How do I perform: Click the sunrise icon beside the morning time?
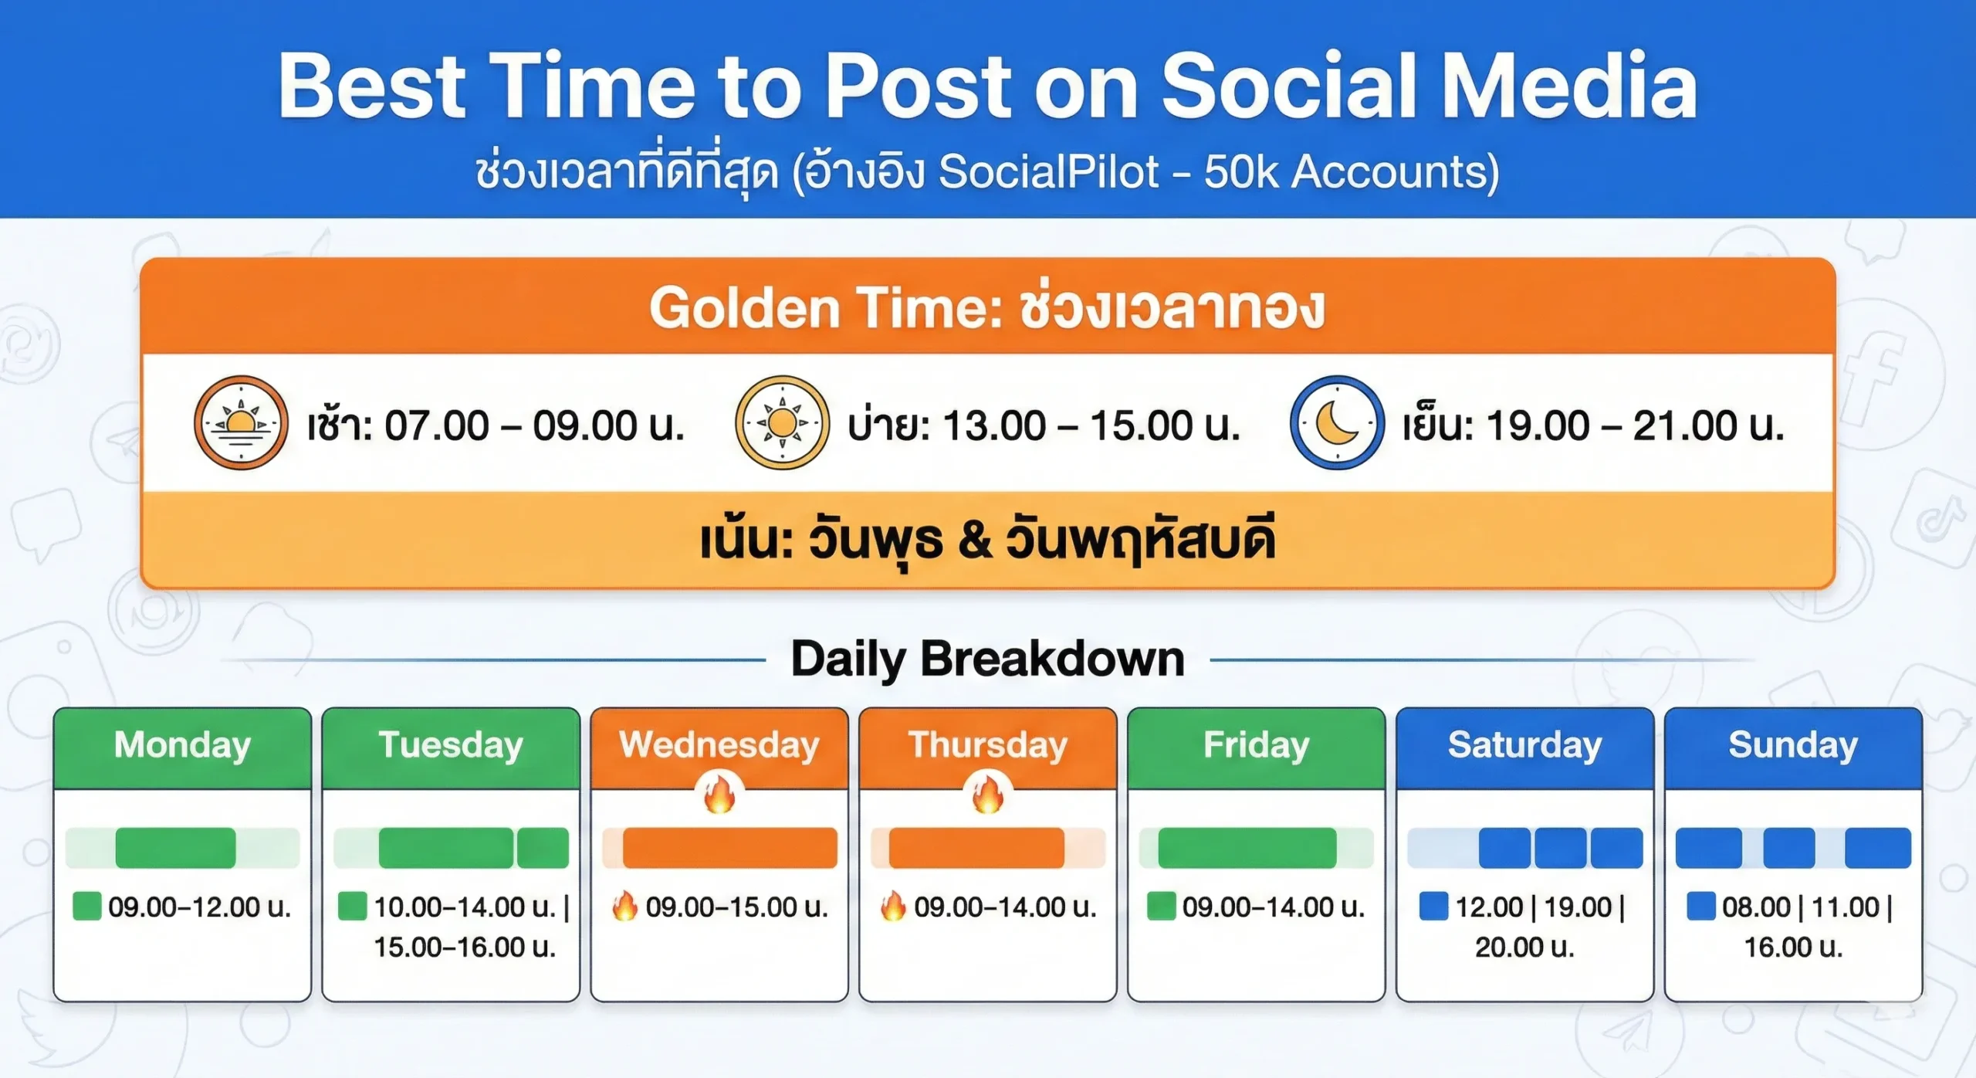point(241,422)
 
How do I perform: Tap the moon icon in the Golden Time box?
point(1337,422)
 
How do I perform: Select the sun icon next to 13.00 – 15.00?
point(782,422)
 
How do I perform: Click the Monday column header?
point(182,746)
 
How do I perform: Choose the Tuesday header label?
point(451,746)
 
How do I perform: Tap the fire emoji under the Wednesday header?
point(719,795)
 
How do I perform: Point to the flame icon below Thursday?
point(987,795)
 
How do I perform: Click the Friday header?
point(1257,746)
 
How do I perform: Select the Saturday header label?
point(1524,746)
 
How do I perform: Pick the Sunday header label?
point(1793,746)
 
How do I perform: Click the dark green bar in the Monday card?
point(175,848)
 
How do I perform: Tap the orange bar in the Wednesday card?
point(729,848)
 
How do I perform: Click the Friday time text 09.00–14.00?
point(1274,907)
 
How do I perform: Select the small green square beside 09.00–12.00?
point(86,906)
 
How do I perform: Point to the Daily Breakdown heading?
point(987,659)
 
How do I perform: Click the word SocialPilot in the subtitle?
point(1048,171)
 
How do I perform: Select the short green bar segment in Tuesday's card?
point(543,848)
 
